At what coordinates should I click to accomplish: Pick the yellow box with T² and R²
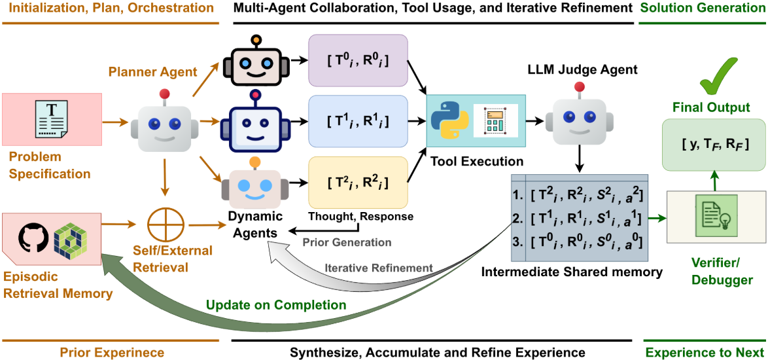tap(358, 183)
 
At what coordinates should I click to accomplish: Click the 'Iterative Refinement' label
tap(379, 267)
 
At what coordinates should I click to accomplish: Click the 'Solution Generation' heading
tap(702, 9)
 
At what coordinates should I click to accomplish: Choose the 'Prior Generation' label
tap(347, 242)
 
